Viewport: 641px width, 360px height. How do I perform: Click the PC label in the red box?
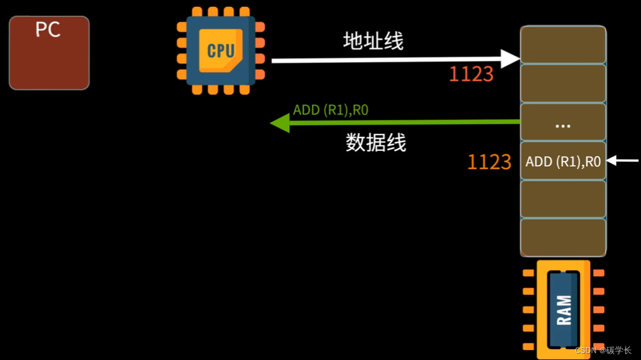point(48,30)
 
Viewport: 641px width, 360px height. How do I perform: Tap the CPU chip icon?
point(221,51)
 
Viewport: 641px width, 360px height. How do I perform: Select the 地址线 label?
point(373,42)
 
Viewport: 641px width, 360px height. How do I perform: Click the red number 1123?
point(471,75)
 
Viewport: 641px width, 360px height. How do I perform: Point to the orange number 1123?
point(489,162)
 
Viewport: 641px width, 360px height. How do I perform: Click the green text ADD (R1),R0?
point(330,110)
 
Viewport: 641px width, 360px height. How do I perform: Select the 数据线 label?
point(376,143)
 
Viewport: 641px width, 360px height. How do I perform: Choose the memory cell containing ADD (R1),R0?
point(563,162)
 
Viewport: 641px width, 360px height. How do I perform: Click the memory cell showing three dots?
point(563,122)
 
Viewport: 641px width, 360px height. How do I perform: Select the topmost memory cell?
point(563,45)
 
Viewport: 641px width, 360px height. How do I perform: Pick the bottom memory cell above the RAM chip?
point(563,238)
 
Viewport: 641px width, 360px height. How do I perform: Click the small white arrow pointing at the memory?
point(622,161)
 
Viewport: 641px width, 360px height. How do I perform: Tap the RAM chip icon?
point(563,310)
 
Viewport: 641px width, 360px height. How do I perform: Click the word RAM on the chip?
point(564,310)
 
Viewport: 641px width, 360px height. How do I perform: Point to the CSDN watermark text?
point(603,350)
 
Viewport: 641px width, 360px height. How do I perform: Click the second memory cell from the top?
point(563,84)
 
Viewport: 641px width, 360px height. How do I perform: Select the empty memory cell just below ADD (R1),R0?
point(563,199)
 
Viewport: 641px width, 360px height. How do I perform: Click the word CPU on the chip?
point(221,51)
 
